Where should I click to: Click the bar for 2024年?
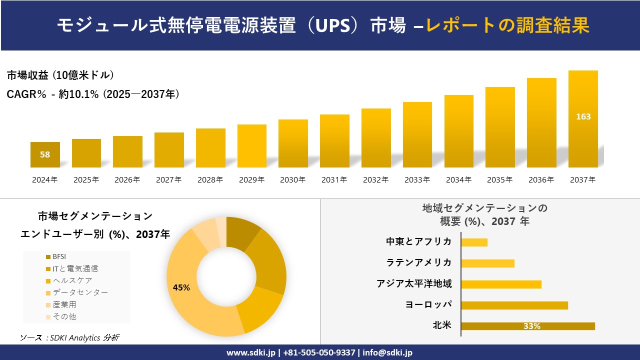[x=45, y=154]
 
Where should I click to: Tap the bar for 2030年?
[x=293, y=143]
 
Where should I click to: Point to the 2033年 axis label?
[x=417, y=180]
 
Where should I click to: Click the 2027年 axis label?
[x=168, y=180]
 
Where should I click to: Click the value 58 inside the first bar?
[x=45, y=154]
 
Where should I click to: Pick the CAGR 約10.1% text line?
[x=93, y=94]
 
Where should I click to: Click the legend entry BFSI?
[x=58, y=256]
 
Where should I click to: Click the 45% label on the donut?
[x=181, y=287]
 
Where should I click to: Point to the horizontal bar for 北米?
[x=527, y=326]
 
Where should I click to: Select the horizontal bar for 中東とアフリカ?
[x=474, y=242]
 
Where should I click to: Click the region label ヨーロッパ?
[x=428, y=304]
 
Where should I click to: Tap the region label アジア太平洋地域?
[x=414, y=284]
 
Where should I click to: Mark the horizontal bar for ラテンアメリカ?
[x=487, y=263]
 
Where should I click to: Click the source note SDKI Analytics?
[x=69, y=338]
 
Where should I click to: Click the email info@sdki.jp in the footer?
[x=387, y=352]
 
